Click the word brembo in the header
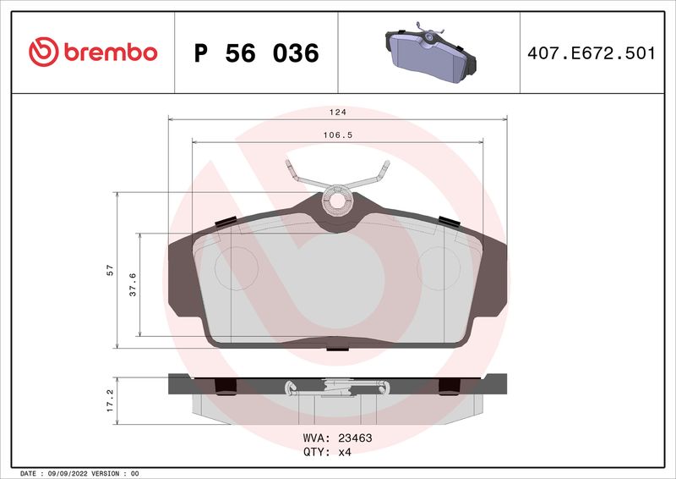click(x=106, y=52)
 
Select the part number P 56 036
click(x=256, y=53)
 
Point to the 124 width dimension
click(x=338, y=112)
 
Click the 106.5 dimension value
click(x=338, y=135)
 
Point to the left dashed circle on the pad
click(x=233, y=269)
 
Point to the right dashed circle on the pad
click(x=438, y=269)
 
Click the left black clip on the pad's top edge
click(x=226, y=222)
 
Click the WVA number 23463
click(x=355, y=438)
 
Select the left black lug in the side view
click(x=226, y=387)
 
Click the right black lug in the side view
click(x=449, y=387)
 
